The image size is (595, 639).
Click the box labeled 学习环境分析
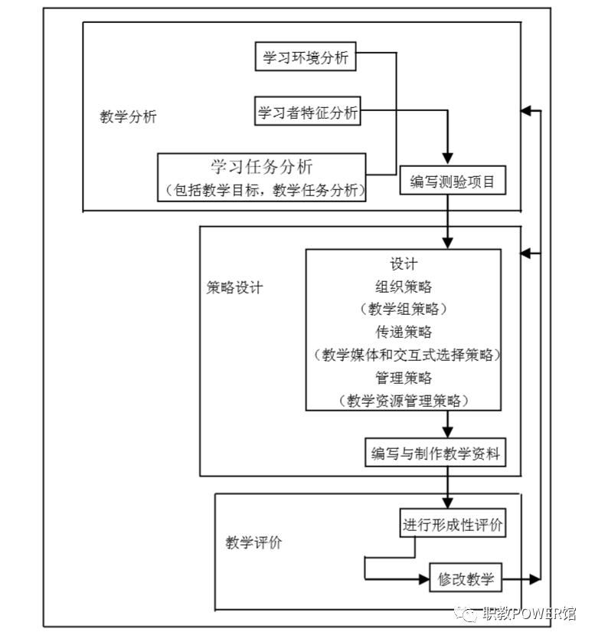click(x=306, y=58)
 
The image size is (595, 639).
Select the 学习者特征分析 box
click(x=307, y=113)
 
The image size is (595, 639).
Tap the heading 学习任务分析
click(x=262, y=166)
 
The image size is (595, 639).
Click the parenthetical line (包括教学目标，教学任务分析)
click(x=262, y=189)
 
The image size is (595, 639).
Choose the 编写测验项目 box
click(x=453, y=182)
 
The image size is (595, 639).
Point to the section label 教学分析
click(x=128, y=116)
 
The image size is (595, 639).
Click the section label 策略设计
click(x=234, y=287)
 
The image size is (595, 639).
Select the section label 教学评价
click(x=253, y=542)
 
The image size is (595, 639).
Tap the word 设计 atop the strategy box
click(x=404, y=264)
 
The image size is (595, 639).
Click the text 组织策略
click(x=404, y=287)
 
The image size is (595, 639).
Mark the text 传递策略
click(x=404, y=332)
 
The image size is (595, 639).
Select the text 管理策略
click(x=404, y=378)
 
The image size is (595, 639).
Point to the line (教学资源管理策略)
click(x=404, y=400)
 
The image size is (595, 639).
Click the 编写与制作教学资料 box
click(x=435, y=454)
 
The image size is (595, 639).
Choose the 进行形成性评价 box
click(x=453, y=526)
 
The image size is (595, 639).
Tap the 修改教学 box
click(x=466, y=579)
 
